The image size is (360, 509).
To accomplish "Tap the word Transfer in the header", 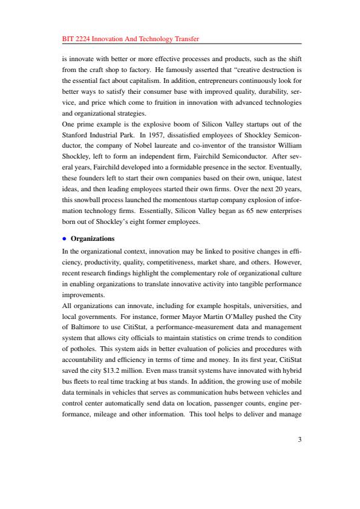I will coord(185,39).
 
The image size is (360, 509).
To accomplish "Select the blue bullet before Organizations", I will coord(65,238).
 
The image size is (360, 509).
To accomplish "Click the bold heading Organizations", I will coord(93,238).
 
